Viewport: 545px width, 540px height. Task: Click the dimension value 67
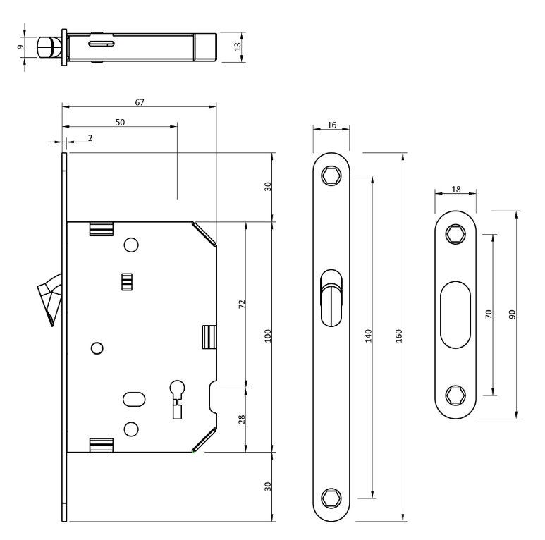pos(139,102)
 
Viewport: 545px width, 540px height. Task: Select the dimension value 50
pos(119,122)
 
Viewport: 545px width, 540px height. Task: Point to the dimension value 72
pos(242,305)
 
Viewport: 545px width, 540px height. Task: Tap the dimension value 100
pos(268,335)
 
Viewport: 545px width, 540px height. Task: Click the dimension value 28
pos(242,419)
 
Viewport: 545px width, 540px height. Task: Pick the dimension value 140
pos(368,336)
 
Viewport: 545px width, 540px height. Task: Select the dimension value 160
pos(398,336)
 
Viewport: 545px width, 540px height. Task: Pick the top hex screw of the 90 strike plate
pos(455,235)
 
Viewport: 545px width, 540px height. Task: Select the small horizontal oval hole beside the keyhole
pos(133,400)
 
